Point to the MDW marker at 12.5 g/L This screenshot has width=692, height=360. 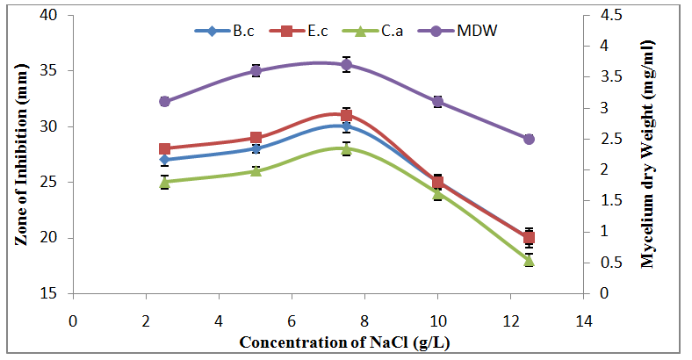click(x=529, y=139)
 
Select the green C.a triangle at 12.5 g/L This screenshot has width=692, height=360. click(x=529, y=260)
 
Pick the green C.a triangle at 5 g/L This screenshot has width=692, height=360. click(x=256, y=170)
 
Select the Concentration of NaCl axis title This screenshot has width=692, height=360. click(x=327, y=342)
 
